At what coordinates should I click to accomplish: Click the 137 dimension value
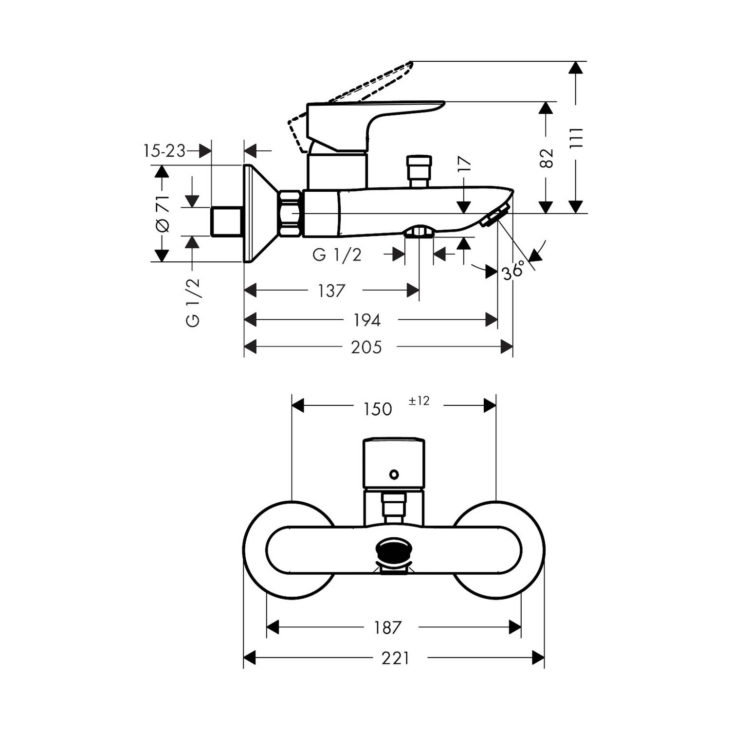(x=331, y=291)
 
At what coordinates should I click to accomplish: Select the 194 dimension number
(x=366, y=320)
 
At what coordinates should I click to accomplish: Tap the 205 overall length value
(x=366, y=347)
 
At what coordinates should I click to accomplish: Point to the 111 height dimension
(x=576, y=138)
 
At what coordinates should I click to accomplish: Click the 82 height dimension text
(x=547, y=158)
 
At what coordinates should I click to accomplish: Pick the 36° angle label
(x=513, y=270)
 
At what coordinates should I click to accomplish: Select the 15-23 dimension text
(x=164, y=151)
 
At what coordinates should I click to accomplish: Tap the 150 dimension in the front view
(x=378, y=409)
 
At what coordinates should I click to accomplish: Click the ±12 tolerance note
(x=419, y=401)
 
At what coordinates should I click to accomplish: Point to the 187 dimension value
(x=387, y=628)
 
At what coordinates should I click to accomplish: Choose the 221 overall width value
(x=395, y=658)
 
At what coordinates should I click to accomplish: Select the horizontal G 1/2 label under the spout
(x=337, y=254)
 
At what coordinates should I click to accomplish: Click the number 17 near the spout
(x=465, y=164)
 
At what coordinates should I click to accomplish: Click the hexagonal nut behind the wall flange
(x=291, y=213)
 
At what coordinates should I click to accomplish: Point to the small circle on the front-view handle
(x=394, y=474)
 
